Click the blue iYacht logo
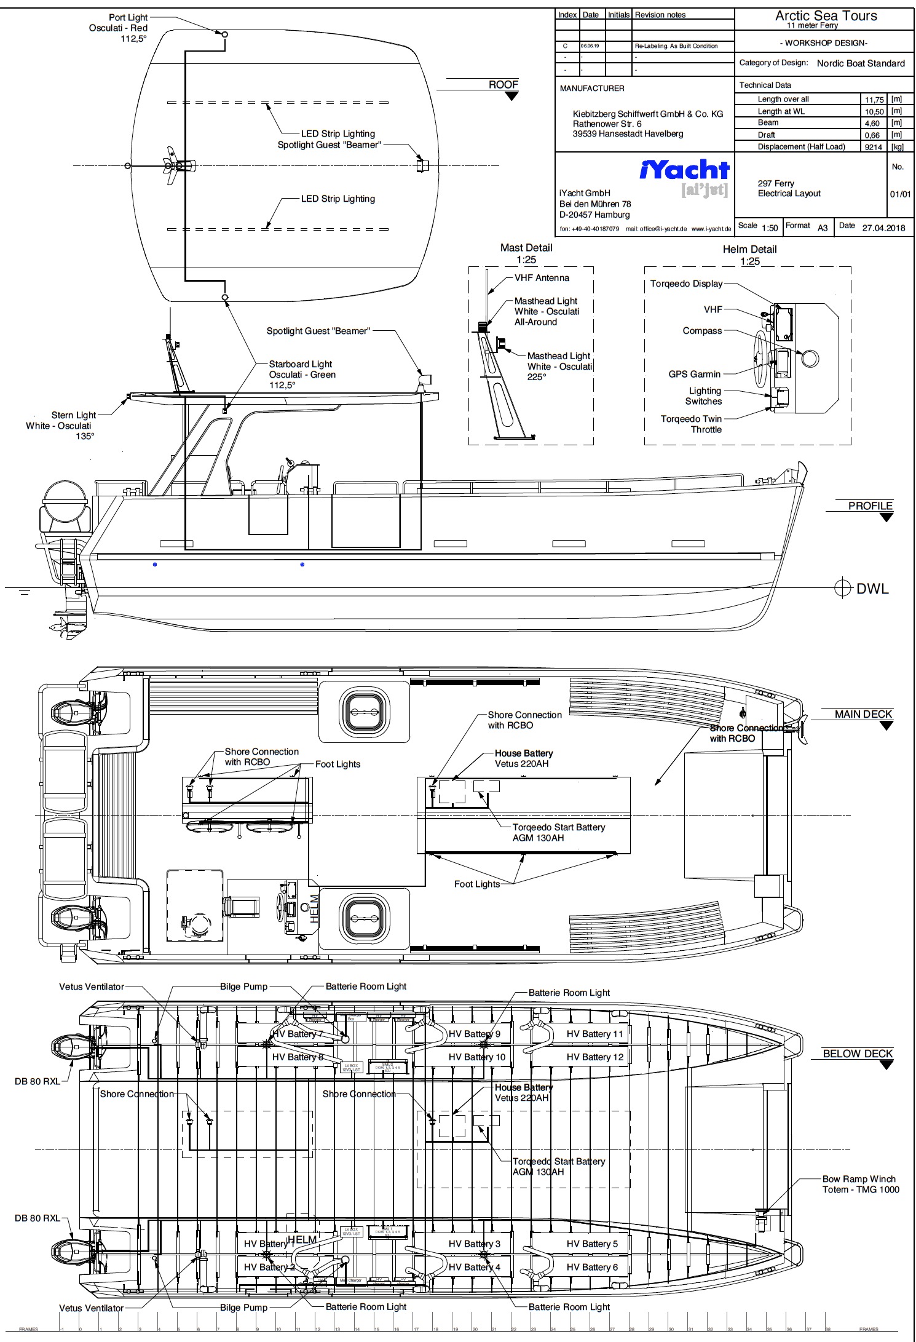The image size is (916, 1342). [x=684, y=170]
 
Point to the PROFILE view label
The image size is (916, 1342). [x=870, y=506]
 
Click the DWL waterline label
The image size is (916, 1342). [x=872, y=589]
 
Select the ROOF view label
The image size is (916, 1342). [x=503, y=85]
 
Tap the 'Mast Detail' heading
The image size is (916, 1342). [x=526, y=248]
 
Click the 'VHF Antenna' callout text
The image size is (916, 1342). [x=542, y=278]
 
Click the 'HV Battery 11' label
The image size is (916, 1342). [x=594, y=1034]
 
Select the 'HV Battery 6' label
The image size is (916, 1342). [x=592, y=1267]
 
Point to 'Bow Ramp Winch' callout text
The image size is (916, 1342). [x=859, y=1179]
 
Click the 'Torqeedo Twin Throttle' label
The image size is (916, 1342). [x=691, y=424]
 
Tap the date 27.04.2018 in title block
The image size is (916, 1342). [x=883, y=228]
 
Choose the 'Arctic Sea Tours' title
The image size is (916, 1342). [x=826, y=16]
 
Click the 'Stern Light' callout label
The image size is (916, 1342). [x=73, y=415]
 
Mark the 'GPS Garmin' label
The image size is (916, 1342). [x=694, y=374]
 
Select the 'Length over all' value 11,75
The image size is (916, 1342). [x=874, y=100]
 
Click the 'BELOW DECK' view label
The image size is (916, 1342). [x=857, y=1054]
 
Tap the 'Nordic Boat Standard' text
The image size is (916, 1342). [x=861, y=63]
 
